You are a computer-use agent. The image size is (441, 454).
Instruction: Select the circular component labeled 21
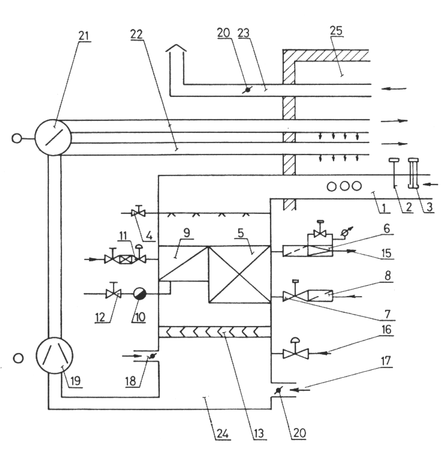tap(53, 137)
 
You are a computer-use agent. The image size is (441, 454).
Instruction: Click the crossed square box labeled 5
tap(239, 274)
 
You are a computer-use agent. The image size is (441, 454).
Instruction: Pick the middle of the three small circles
tap(344, 186)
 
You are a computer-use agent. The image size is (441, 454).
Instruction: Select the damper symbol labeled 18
tap(153, 356)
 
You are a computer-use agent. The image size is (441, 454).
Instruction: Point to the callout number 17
tap(386, 361)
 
